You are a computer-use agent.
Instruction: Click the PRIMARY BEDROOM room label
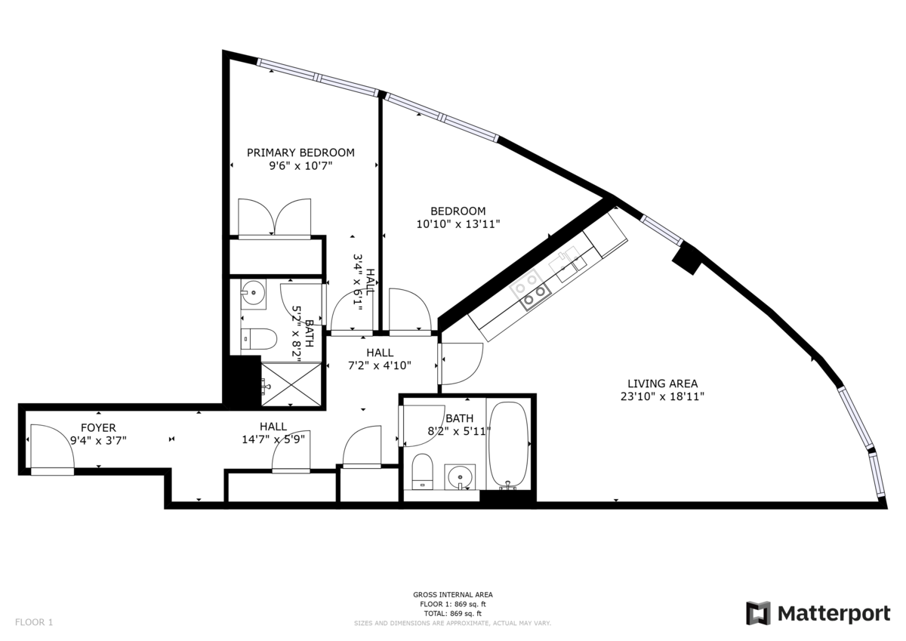pos(300,153)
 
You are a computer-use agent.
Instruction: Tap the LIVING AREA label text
pos(663,384)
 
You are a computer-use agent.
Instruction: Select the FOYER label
pos(98,427)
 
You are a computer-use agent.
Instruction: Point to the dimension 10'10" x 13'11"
pos(458,224)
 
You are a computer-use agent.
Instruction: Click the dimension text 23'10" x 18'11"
pos(663,396)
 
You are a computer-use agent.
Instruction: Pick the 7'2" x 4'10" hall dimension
pos(380,365)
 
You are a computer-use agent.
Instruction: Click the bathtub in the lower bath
pos(508,445)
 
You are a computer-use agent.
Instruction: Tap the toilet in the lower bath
pos(423,472)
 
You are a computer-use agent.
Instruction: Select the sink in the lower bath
pos(460,477)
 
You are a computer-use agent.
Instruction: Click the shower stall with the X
pos(291,384)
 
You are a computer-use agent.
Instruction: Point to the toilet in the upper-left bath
pos(259,338)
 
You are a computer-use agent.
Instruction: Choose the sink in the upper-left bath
pos(253,291)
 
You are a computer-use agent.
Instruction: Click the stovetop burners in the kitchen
pos(530,290)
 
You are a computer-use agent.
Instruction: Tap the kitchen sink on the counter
pos(568,266)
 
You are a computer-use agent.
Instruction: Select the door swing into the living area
pos(461,364)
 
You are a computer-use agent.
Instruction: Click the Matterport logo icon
pos(759,613)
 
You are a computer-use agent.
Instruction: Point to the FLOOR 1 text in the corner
pos(34,622)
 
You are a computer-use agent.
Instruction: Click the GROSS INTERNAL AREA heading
pos(452,594)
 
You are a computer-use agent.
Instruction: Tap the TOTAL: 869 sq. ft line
pos(452,613)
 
